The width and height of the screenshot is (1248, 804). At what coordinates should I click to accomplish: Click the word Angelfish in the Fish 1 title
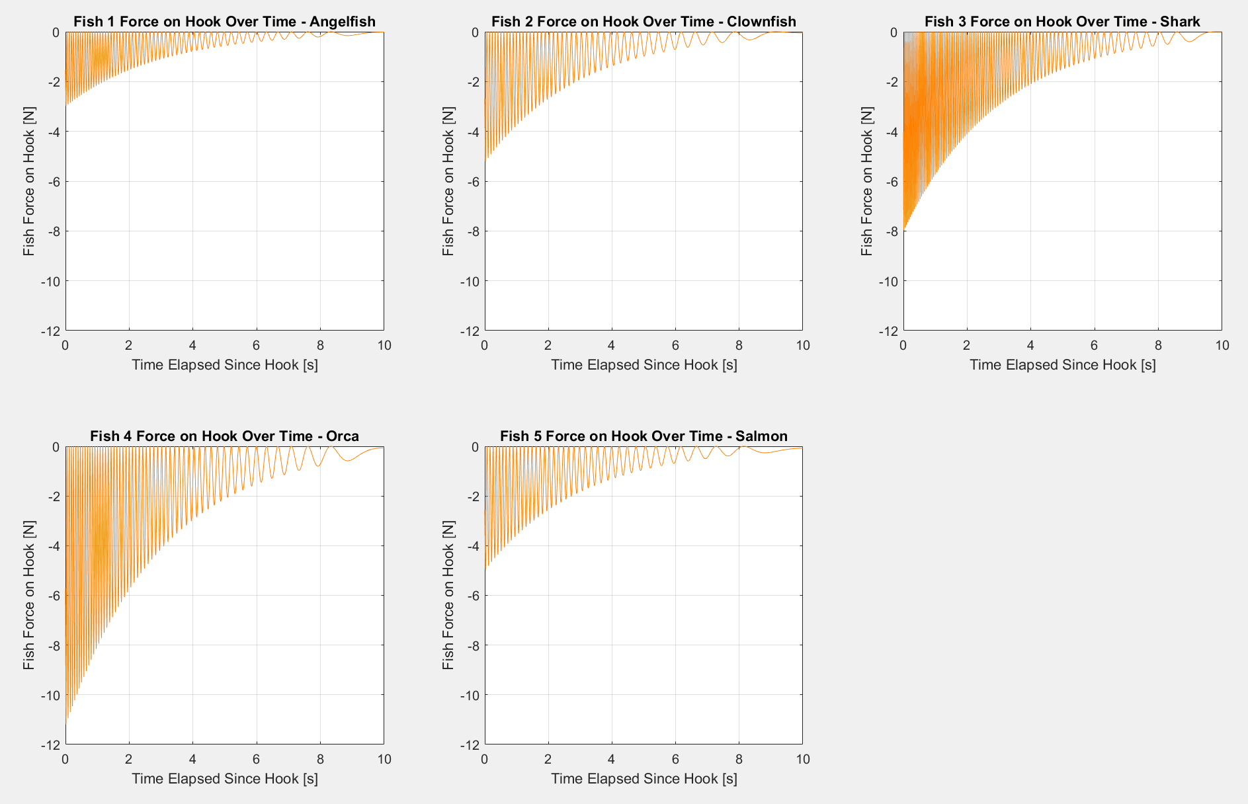tap(343, 22)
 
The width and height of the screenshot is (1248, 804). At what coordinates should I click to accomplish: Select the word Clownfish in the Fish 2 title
tap(761, 22)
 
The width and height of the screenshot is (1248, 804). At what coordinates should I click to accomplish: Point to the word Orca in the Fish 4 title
tap(343, 436)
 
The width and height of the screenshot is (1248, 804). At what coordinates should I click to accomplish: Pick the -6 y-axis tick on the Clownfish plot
tap(472, 182)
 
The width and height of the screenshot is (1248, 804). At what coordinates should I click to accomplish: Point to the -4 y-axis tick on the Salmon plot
tap(472, 546)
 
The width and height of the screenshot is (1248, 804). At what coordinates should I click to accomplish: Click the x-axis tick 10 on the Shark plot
tap(1222, 345)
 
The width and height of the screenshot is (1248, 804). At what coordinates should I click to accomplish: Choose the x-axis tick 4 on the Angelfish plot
tap(192, 345)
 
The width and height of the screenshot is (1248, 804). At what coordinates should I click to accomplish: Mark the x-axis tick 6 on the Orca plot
tap(257, 759)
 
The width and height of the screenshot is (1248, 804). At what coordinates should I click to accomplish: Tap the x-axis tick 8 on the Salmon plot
tap(739, 759)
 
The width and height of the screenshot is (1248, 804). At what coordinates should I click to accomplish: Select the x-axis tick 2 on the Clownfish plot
tap(548, 345)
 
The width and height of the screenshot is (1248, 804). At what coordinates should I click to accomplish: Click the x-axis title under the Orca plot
tap(225, 779)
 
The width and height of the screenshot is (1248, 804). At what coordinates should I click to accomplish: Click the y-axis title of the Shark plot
tap(866, 181)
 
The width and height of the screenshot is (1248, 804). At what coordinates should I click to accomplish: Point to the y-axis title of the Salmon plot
tap(448, 595)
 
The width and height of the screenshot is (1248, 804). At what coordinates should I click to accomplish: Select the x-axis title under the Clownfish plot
tap(644, 365)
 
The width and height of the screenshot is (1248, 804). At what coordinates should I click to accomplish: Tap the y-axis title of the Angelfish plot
tap(28, 181)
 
